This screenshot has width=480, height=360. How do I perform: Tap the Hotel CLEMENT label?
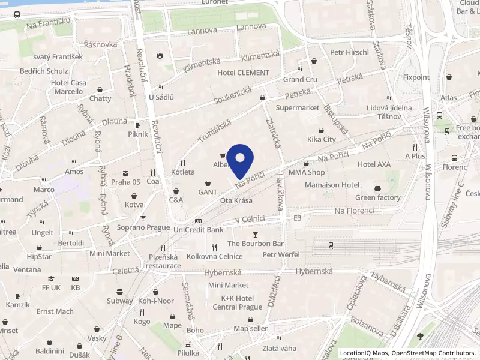(x=243, y=73)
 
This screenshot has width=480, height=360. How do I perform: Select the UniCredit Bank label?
(x=198, y=229)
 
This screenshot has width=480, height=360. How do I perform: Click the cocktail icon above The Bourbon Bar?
(x=256, y=235)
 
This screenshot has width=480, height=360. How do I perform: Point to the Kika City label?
(x=322, y=139)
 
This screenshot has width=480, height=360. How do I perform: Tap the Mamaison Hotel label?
(x=332, y=185)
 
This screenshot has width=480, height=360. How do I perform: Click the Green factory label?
(x=377, y=197)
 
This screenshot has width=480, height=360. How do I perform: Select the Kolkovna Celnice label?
(x=214, y=256)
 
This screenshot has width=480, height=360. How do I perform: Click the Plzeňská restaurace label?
(x=163, y=261)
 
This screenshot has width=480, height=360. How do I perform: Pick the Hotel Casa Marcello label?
(x=68, y=87)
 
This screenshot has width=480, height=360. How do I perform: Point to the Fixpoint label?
(x=416, y=77)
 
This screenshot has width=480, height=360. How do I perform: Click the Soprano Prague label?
(x=143, y=227)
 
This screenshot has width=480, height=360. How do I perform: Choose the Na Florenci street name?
(x=354, y=211)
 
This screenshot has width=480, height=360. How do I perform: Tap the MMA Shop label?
(x=307, y=172)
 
